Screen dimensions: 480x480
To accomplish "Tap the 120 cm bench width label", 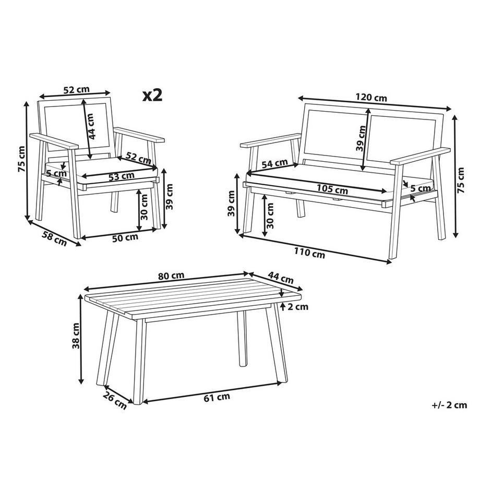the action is click(x=371, y=98).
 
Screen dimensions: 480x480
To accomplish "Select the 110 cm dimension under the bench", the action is click(x=309, y=253).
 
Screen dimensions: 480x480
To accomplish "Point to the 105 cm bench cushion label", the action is click(x=332, y=188).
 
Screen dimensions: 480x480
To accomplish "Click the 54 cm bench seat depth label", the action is click(x=275, y=164).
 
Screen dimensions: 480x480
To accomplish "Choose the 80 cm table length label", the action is click(x=171, y=275).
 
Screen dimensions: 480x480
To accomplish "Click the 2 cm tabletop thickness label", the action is click(x=298, y=306).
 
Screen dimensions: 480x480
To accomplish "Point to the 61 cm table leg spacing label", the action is click(x=217, y=398).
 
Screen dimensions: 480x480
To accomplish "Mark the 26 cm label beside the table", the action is click(x=114, y=400).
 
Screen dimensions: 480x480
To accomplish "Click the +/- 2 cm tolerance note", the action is click(x=449, y=405).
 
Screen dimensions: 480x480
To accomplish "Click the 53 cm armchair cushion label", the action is click(x=121, y=176).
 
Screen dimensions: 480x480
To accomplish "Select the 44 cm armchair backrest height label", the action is click(x=91, y=126).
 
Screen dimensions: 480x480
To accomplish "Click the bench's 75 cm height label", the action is click(x=460, y=180).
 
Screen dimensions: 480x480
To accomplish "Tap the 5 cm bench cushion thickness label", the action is click(x=421, y=188).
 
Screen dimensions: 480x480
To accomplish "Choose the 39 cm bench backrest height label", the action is click(x=361, y=138).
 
